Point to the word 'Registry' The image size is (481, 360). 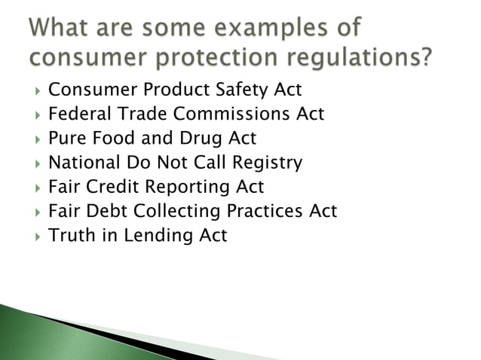click(x=265, y=163)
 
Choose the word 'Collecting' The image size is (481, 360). click(x=174, y=211)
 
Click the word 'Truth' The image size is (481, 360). click(x=71, y=235)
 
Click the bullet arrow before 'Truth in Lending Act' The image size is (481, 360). click(x=32, y=236)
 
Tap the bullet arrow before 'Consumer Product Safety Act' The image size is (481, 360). click(x=32, y=91)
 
